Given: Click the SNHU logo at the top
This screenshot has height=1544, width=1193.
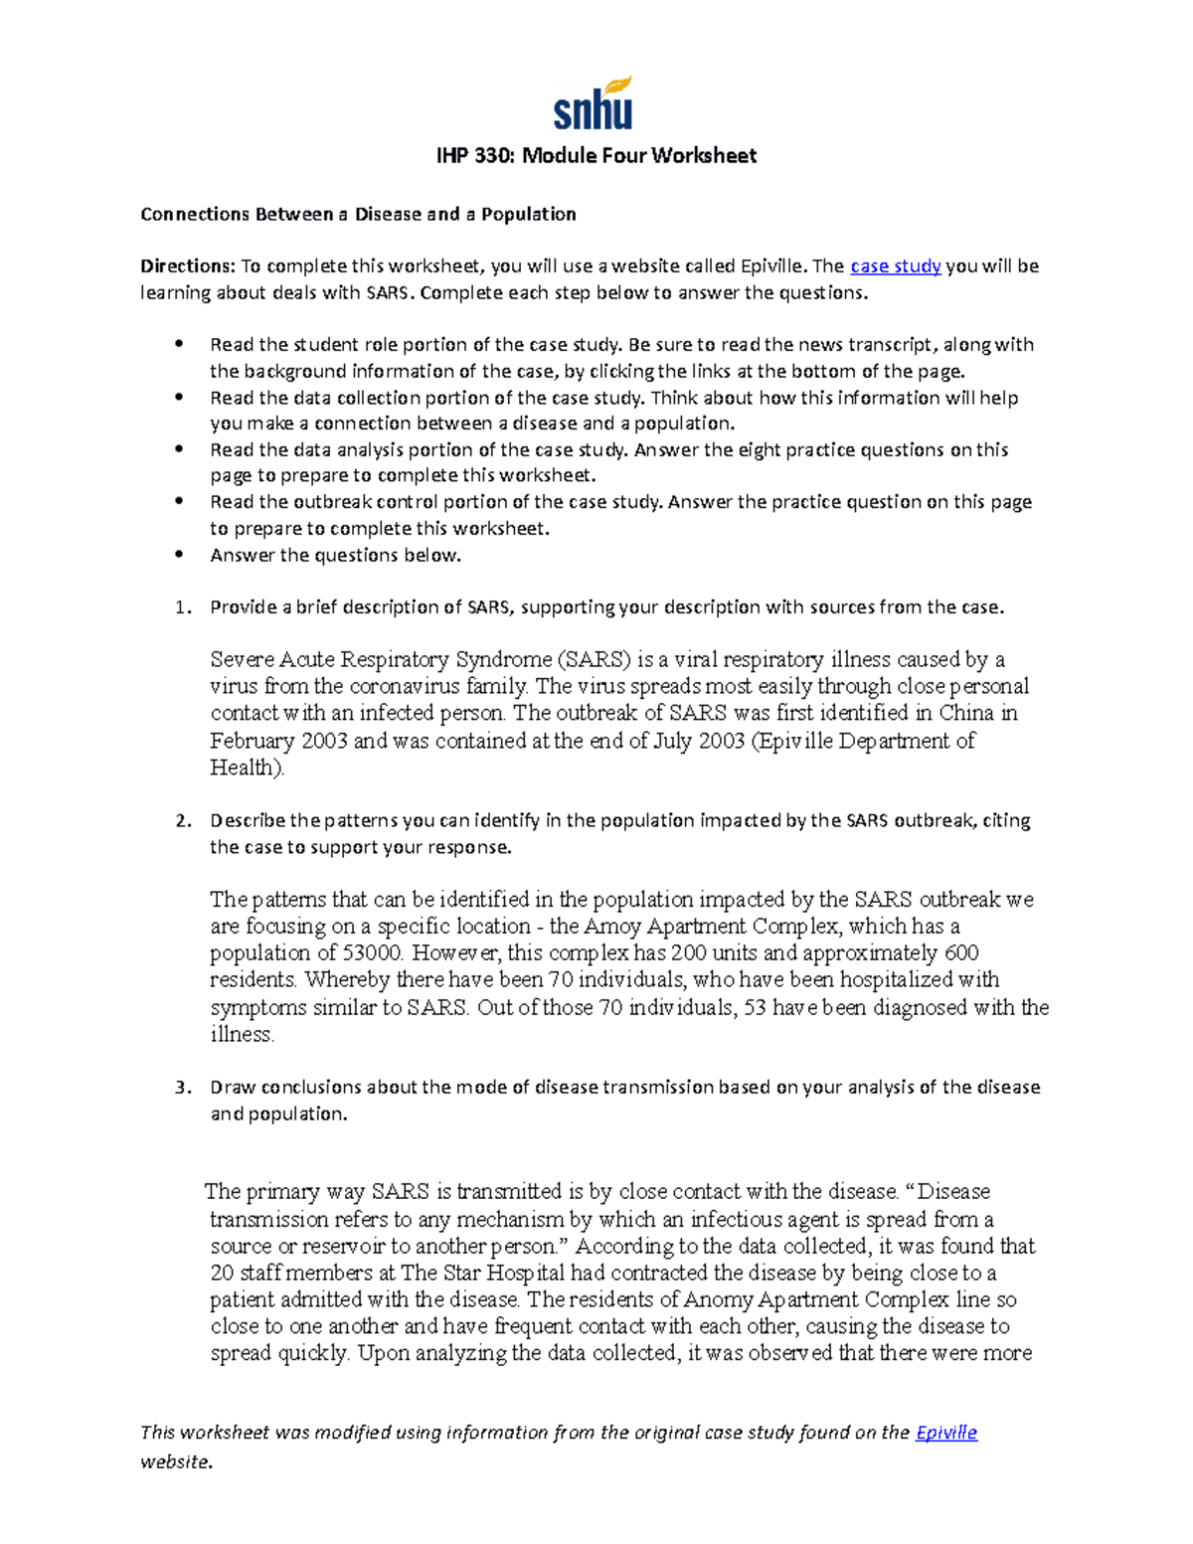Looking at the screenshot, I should coord(594,103).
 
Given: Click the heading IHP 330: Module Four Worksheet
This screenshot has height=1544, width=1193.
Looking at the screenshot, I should coord(596,156).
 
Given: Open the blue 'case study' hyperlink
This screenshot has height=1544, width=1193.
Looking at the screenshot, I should coord(895,266).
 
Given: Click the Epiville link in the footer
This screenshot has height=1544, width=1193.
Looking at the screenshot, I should coord(945,1433).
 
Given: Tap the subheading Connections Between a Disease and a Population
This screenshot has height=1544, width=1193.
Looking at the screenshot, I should coord(358,215).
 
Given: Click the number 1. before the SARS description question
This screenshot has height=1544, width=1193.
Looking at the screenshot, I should coord(182,607).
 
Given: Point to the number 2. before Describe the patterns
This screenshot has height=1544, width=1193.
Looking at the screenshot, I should coord(182,821).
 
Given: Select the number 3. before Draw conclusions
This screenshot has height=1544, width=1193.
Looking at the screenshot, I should coord(182,1088).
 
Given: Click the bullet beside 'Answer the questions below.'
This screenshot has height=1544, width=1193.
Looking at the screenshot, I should coord(180,555).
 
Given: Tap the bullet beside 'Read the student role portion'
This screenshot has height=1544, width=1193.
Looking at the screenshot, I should coord(180,344).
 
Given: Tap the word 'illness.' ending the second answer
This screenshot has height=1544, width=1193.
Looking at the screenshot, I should coord(242,1034).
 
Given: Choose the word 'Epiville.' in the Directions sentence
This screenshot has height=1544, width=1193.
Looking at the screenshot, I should coord(773,266).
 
